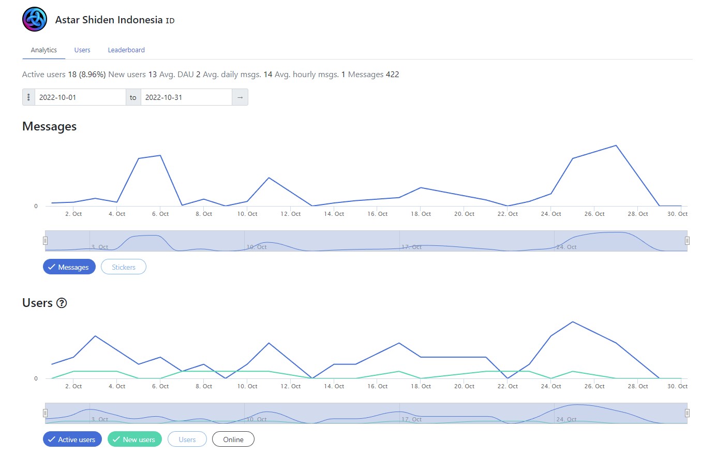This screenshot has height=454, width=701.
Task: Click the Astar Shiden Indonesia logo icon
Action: [35, 20]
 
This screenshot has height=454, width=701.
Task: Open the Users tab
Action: [82, 50]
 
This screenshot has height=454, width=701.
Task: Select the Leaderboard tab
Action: [126, 50]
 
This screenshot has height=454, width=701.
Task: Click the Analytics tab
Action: [44, 50]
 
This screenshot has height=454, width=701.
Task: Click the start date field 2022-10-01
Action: [80, 97]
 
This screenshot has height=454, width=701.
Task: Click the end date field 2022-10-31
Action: [186, 97]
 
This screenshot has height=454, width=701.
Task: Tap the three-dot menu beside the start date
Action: [28, 97]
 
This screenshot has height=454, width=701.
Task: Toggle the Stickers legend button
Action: [124, 267]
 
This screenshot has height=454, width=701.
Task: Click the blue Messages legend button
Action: [69, 267]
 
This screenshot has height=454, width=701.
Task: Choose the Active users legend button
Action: [72, 440]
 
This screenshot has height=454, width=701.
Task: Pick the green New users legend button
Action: [135, 440]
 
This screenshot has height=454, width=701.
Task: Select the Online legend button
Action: [233, 440]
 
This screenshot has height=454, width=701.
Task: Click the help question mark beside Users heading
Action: [62, 303]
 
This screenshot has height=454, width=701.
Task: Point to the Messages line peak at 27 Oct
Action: [616, 145]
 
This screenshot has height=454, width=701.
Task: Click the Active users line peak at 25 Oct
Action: [573, 322]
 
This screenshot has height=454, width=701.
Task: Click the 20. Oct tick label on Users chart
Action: [465, 386]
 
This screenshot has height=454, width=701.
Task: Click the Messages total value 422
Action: [392, 75]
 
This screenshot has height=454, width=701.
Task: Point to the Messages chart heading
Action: [49, 126]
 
